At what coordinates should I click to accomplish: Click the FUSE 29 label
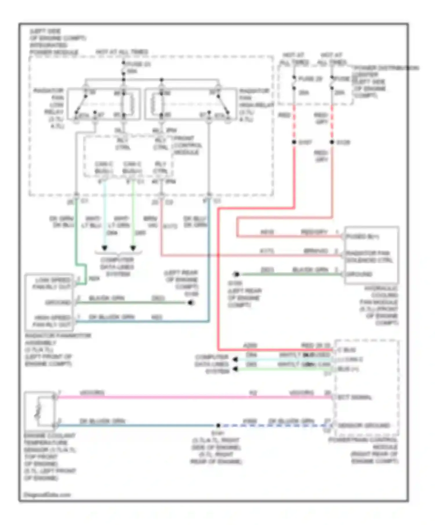point(310,79)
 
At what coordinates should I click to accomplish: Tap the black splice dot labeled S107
point(294,142)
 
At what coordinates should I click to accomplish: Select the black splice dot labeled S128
point(332,142)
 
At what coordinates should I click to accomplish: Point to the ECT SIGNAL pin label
point(354,397)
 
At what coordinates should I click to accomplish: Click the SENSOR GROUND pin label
point(364,425)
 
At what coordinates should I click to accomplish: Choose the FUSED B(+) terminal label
point(362,236)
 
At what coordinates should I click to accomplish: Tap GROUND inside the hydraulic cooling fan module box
point(359,274)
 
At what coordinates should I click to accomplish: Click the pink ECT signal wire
point(174,397)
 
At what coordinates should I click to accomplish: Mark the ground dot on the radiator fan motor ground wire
point(191,303)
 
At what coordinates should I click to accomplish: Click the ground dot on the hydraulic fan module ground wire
point(236,274)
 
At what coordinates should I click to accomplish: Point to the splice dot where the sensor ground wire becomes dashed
point(218,425)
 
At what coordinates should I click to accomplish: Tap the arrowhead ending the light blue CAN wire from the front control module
point(104,248)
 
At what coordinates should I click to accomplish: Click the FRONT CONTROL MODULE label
point(187,145)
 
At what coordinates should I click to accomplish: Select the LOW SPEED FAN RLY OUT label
point(52,283)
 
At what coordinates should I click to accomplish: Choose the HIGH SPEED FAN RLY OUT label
point(52,321)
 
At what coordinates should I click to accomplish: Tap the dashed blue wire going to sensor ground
point(275,425)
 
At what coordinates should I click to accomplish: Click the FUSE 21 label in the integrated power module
point(139,64)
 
